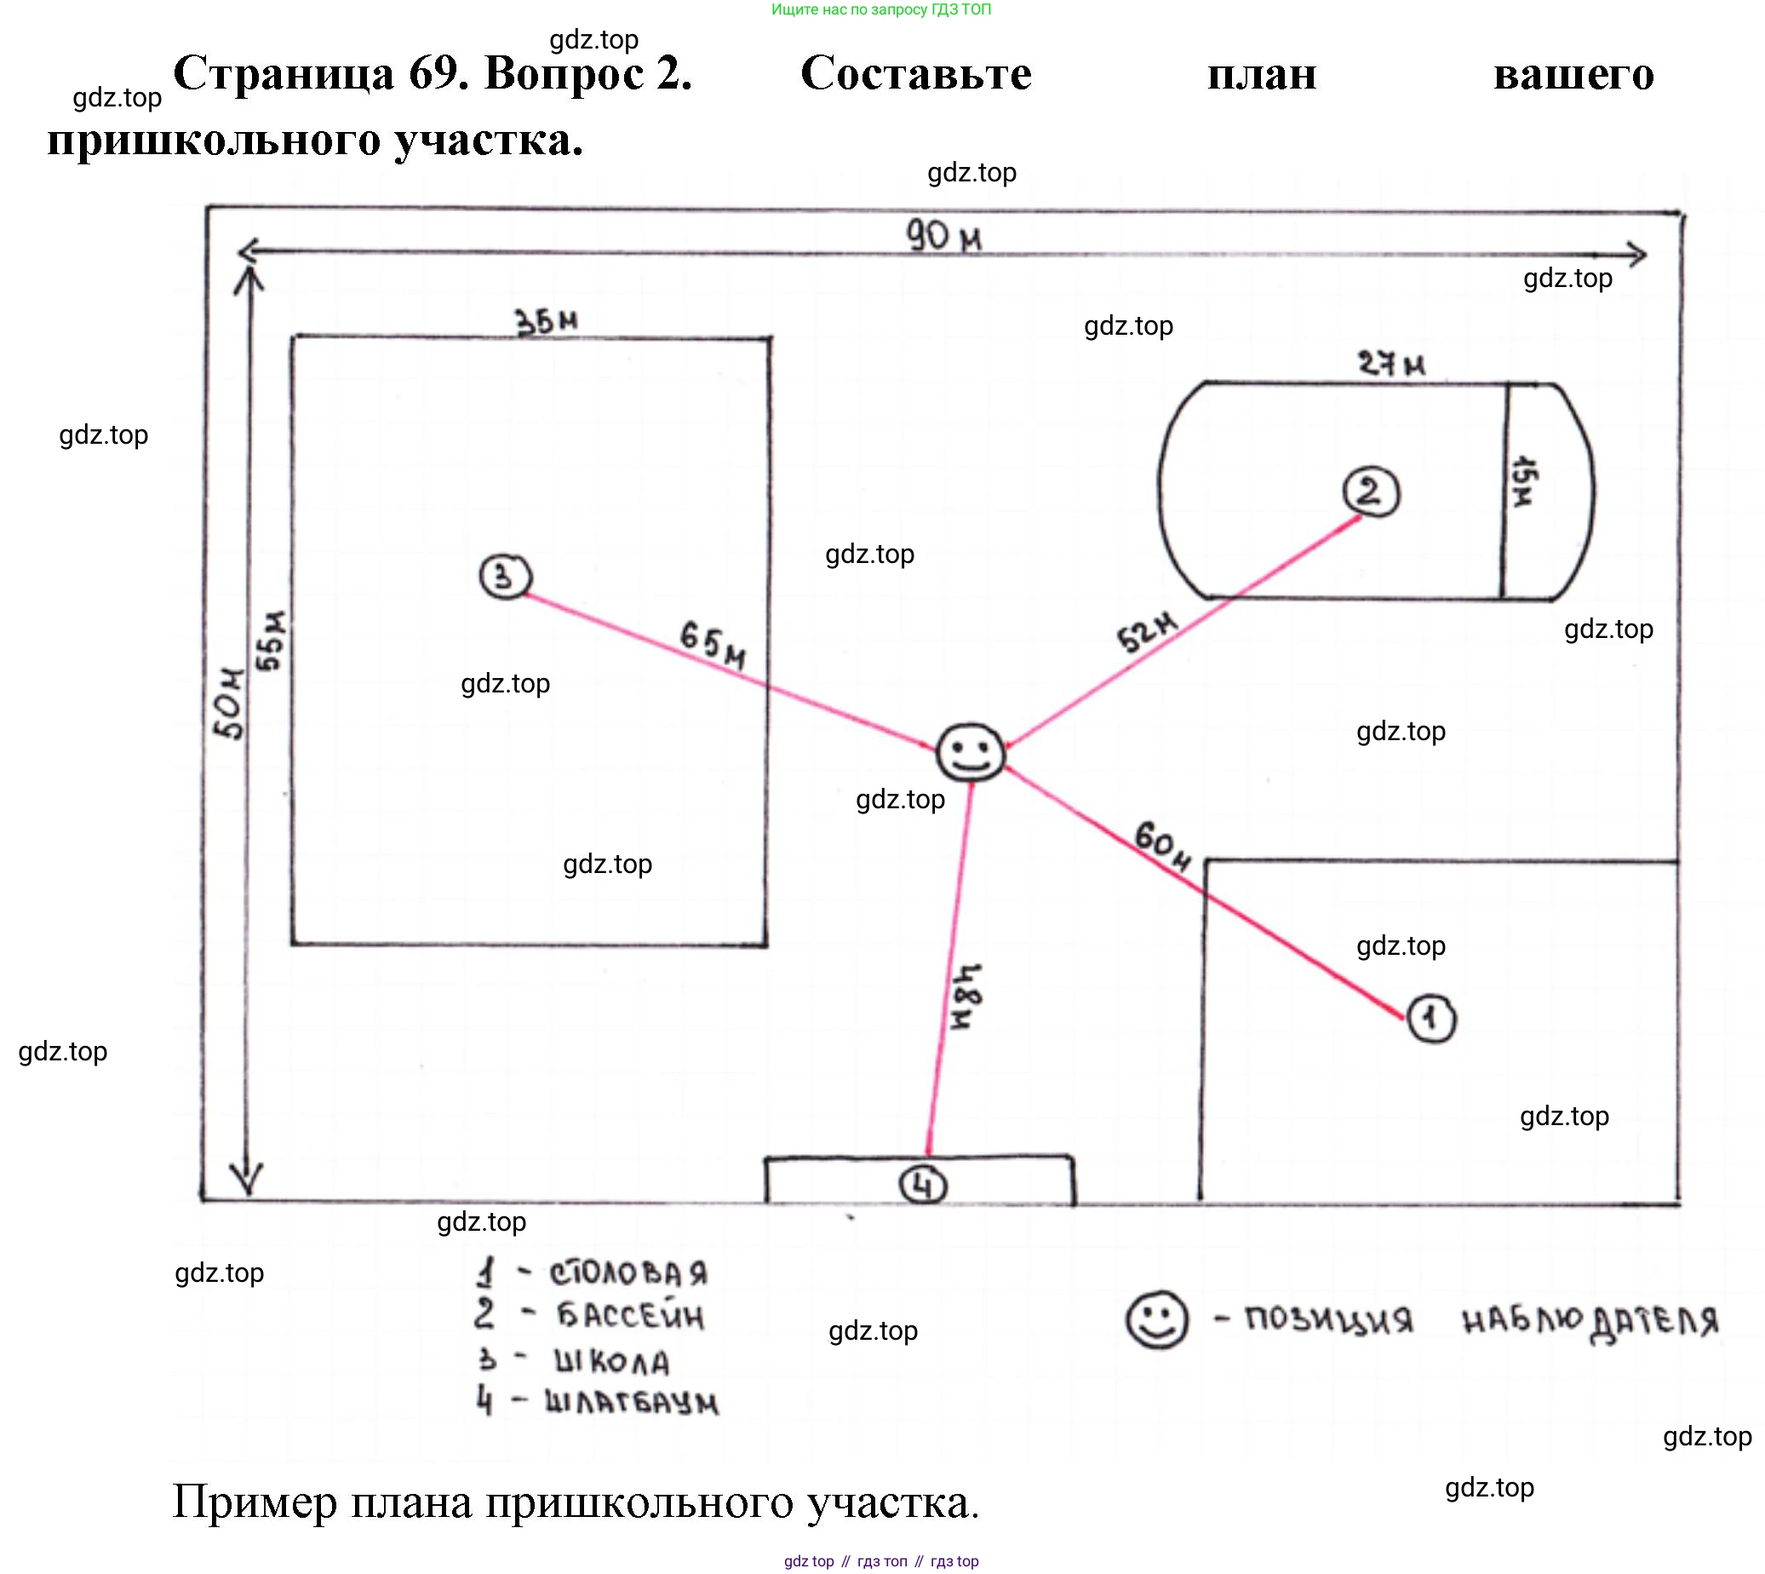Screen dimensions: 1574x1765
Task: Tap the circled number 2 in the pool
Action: pos(1370,492)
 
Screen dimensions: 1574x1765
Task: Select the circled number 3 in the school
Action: pos(506,576)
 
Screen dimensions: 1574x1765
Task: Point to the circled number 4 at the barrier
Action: pos(923,1186)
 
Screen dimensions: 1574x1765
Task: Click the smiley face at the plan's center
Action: pos(971,752)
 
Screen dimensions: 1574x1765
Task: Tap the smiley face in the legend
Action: pos(1156,1319)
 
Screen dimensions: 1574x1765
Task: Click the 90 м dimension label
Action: pos(943,235)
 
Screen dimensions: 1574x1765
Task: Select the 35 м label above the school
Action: pos(547,322)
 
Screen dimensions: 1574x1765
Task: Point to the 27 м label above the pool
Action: pos(1390,363)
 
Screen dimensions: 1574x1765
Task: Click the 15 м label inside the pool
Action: pos(1523,482)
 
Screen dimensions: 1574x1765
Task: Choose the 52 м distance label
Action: pos(1146,632)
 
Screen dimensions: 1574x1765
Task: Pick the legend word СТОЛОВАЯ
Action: pos(628,1273)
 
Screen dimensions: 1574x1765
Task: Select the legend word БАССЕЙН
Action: pos(630,1317)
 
